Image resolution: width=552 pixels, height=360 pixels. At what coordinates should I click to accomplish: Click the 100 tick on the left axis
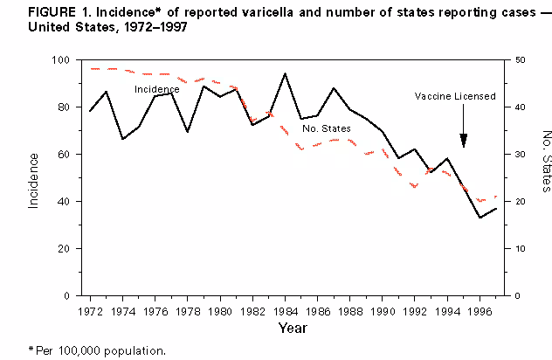pos(60,60)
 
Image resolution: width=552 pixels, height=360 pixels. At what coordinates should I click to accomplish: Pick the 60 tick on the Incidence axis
pos(64,155)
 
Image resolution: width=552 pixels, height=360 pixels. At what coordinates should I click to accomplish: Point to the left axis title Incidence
pos(33,179)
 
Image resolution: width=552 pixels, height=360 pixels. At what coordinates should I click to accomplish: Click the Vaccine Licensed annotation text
pos(456,96)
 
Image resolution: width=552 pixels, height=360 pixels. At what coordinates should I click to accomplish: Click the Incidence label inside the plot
pos(157,89)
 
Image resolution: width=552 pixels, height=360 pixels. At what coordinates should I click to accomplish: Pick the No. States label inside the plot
pos(326,128)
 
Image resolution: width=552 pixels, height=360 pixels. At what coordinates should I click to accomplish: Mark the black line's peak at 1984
pos(285,73)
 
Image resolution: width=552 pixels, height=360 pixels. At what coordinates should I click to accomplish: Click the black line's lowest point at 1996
pos(480,218)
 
